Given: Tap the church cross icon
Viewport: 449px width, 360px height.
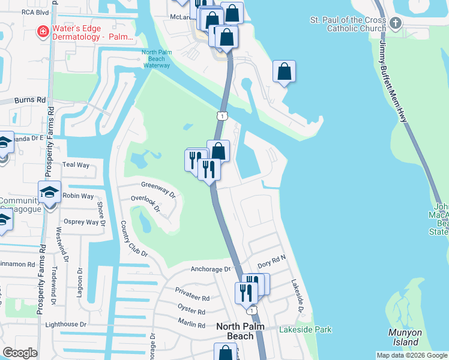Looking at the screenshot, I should (395, 23).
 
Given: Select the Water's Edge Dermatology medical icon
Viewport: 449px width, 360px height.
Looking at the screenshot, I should (42, 31).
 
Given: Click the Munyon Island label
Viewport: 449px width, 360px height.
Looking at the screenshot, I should (405, 337).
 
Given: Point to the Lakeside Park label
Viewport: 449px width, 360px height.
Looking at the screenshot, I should (305, 329).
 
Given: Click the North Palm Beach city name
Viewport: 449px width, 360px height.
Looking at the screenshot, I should (244, 331).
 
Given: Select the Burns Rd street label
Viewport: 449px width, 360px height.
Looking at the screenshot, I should (31, 100).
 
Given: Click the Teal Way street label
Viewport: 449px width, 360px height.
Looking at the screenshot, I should (76, 165).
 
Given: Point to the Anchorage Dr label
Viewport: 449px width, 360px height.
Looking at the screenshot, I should (211, 269).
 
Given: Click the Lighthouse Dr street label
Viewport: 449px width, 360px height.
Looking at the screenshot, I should (66, 325).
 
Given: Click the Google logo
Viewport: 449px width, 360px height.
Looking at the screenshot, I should (20, 353).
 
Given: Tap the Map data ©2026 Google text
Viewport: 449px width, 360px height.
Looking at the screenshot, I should (412, 355).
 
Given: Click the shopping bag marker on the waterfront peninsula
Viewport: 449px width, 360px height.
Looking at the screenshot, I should (284, 71).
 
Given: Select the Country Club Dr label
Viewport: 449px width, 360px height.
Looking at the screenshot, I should (134, 238).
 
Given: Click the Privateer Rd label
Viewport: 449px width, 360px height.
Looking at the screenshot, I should (193, 298).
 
